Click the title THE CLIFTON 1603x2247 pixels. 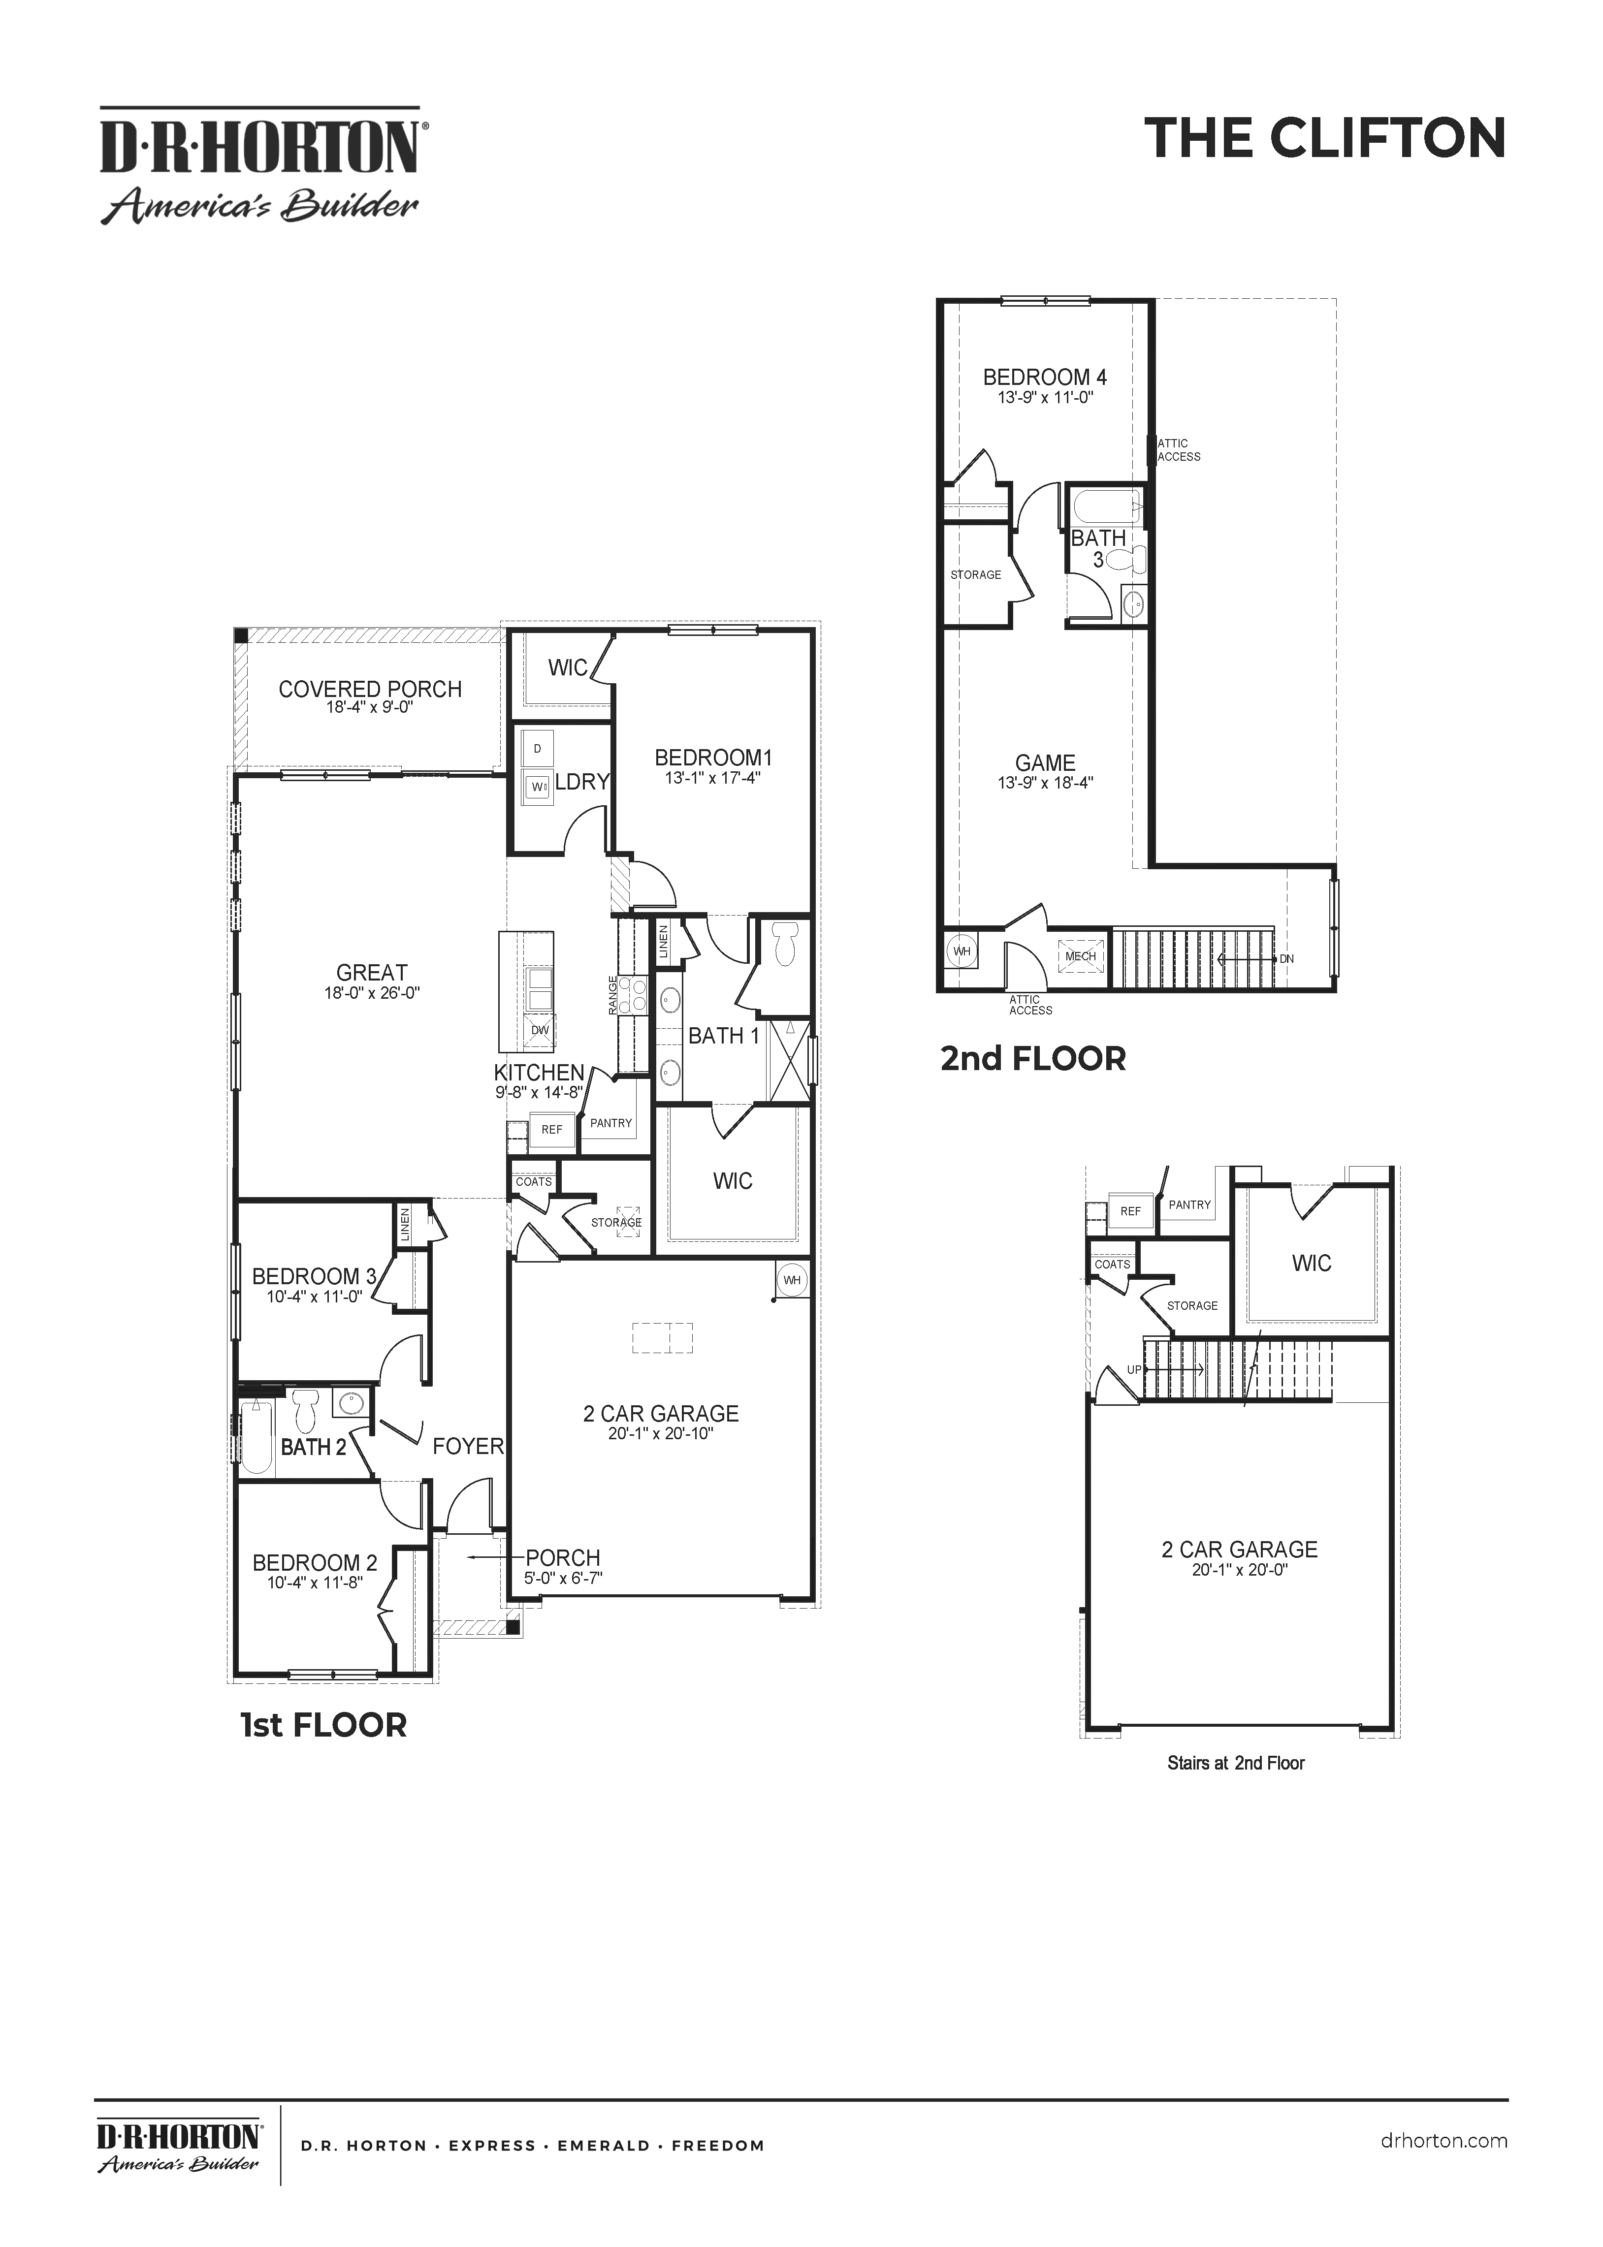click(1325, 138)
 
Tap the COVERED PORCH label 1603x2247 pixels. click(370, 689)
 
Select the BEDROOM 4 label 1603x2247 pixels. click(1044, 377)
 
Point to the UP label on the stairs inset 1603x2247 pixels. click(1134, 1370)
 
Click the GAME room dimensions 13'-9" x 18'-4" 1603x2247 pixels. click(1045, 783)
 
